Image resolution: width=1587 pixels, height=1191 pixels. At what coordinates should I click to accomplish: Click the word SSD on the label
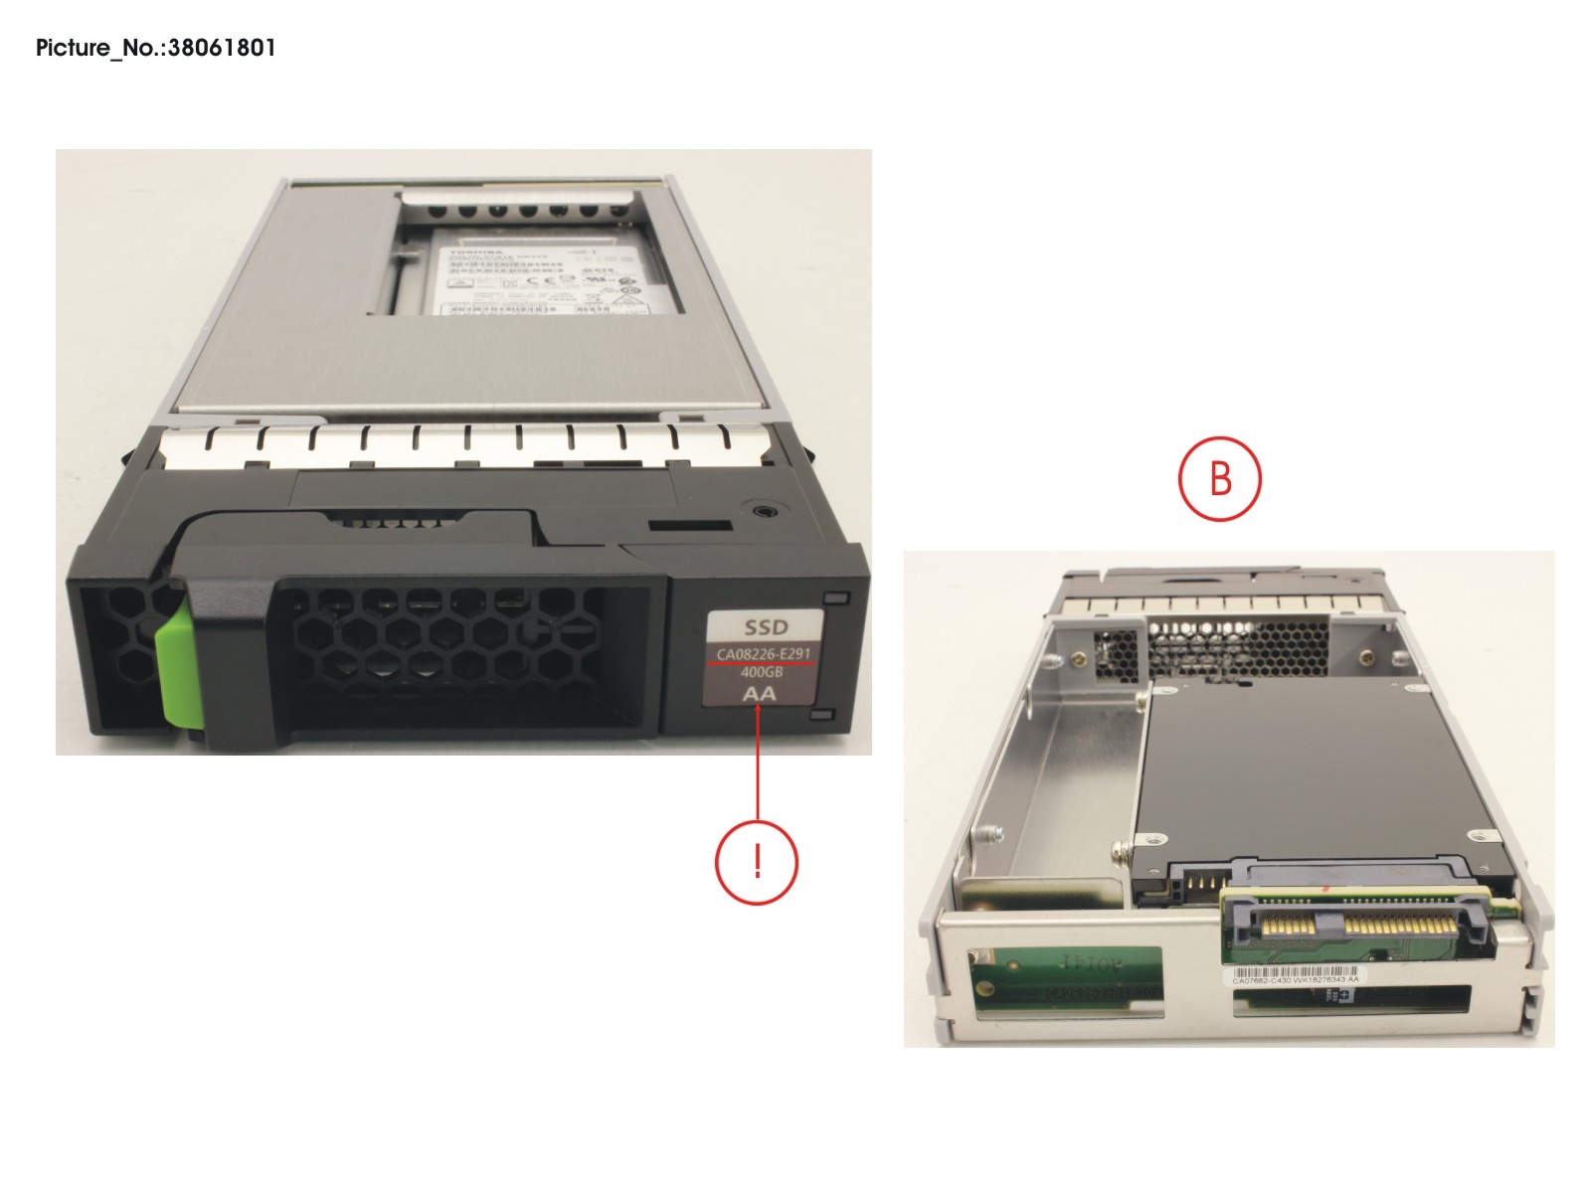point(766,627)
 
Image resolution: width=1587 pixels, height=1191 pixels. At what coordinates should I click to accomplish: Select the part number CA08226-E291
point(764,654)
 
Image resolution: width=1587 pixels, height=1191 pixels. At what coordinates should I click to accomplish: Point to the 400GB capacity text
point(762,672)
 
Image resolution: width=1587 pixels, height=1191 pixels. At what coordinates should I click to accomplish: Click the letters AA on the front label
point(759,693)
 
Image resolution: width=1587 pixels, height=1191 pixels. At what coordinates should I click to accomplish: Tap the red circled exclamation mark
point(757,861)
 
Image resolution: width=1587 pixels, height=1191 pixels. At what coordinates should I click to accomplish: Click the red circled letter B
point(1220,478)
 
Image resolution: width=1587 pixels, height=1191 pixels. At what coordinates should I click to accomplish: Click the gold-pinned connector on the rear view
point(1358,927)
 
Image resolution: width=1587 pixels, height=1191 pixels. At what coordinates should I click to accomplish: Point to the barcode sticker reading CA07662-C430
point(1295,977)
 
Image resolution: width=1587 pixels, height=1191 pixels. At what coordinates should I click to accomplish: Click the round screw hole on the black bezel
point(763,510)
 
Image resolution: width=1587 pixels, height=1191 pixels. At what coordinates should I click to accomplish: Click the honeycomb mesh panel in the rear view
point(1238,647)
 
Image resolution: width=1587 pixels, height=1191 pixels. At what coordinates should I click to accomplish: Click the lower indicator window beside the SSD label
point(822,714)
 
